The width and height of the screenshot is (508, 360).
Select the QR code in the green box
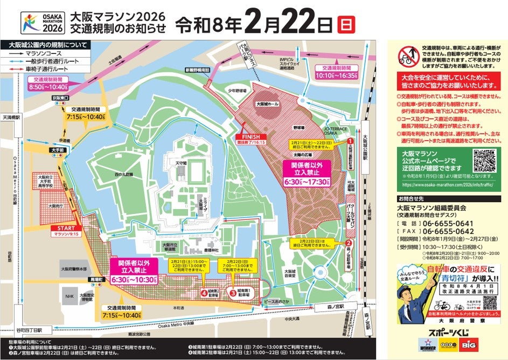[483, 161]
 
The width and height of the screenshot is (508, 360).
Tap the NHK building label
[69, 296]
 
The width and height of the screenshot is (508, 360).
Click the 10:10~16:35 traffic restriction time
[339, 76]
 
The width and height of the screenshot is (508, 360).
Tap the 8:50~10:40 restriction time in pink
[47, 86]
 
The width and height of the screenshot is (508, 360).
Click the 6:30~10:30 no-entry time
[134, 280]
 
